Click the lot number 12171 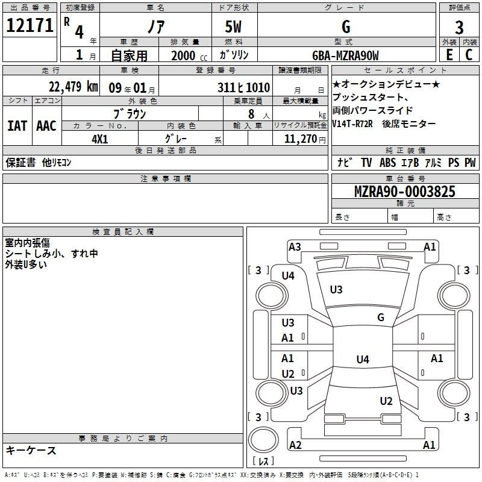pyautogui.click(x=30, y=25)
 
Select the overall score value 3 pyautogui.click(x=459, y=27)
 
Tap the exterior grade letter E pyautogui.click(x=449, y=55)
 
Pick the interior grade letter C pyautogui.click(x=469, y=55)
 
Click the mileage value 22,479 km pyautogui.click(x=73, y=87)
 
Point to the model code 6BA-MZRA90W pyautogui.click(x=345, y=55)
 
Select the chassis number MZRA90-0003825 pyautogui.click(x=404, y=192)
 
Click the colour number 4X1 pyautogui.click(x=100, y=139)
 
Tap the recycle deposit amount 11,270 pyautogui.click(x=300, y=139)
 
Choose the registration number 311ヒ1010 pyautogui.click(x=243, y=87)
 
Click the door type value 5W pyautogui.click(x=233, y=27)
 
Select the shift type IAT pyautogui.click(x=17, y=126)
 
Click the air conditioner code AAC pyautogui.click(x=46, y=126)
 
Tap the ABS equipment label pyautogui.click(x=387, y=163)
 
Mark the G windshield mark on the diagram pyautogui.click(x=381, y=317)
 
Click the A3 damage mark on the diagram pyautogui.click(x=295, y=247)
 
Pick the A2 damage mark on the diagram pyautogui.click(x=295, y=445)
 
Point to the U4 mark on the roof pyautogui.click(x=363, y=359)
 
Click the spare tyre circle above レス pyautogui.click(x=263, y=440)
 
